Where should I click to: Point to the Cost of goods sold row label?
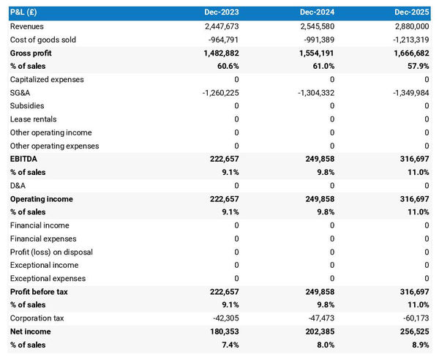[x=42, y=40]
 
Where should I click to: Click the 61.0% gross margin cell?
[x=320, y=66]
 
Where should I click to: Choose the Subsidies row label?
[x=27, y=106]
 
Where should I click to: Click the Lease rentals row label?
[x=34, y=119]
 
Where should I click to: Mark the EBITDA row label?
[x=25, y=159]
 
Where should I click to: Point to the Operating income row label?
[x=41, y=199]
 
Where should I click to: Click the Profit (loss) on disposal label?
[x=51, y=252]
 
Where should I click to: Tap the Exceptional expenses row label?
[x=48, y=278]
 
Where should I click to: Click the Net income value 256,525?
[x=412, y=331]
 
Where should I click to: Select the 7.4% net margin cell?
[x=228, y=345]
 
